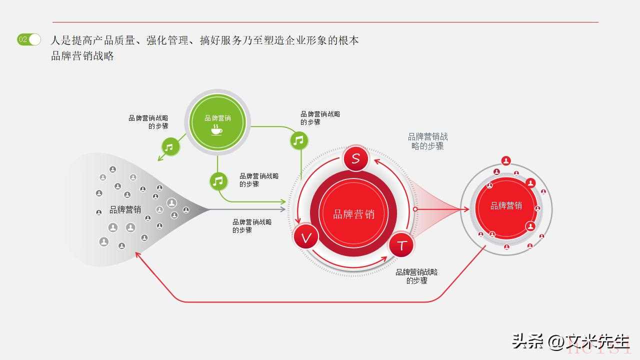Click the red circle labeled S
tap(355, 158)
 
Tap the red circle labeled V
tap(306, 236)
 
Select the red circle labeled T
tap(401, 245)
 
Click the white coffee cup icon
tap(216, 130)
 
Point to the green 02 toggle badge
tap(28, 39)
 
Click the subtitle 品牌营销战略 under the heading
tap(82, 55)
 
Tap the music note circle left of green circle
tap(170, 147)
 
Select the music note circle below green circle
tap(218, 181)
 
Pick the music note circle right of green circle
tap(299, 140)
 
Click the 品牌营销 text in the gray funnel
tap(125, 209)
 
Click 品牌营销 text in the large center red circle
tap(353, 214)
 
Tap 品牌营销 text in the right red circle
tap(506, 205)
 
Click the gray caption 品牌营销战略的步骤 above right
tap(427, 141)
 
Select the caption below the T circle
tap(416, 276)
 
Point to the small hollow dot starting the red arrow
tap(415, 209)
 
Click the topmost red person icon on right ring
tap(506, 160)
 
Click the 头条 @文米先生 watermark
tap(571, 341)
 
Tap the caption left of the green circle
tap(148, 122)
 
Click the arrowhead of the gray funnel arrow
tap(283, 209)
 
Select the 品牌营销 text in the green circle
tap(217, 118)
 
